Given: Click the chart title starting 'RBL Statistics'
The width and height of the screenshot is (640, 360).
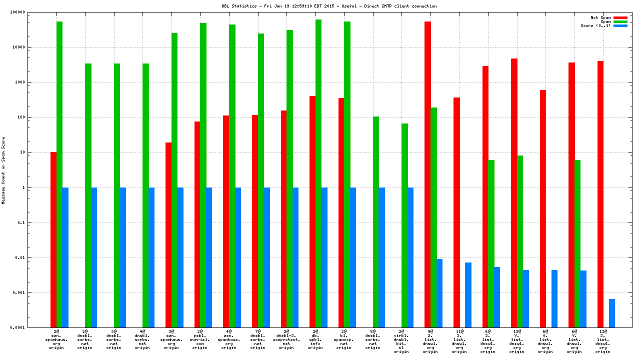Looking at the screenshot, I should pos(329,6).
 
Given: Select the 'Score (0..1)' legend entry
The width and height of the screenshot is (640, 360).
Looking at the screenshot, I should pos(595,25).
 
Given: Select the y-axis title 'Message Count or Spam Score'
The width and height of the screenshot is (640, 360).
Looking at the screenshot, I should pos(4,170).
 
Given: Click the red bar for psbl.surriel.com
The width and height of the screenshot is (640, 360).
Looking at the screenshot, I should pos(197,224).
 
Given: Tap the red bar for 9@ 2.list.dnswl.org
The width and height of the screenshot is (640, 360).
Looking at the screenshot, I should pos(427,174).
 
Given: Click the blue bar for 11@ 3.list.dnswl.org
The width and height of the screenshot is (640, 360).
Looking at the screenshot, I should pos(468,295).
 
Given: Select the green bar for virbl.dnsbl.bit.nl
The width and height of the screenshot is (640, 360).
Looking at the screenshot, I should pos(404,225).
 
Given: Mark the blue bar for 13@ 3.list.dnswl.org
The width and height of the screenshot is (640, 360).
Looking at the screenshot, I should pos(611,313).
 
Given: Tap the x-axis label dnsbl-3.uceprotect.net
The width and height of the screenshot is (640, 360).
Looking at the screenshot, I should pos(286,339).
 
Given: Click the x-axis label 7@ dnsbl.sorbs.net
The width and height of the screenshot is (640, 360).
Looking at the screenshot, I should pos(257,339).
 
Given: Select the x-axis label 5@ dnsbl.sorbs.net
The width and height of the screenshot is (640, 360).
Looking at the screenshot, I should pos(372,339).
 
